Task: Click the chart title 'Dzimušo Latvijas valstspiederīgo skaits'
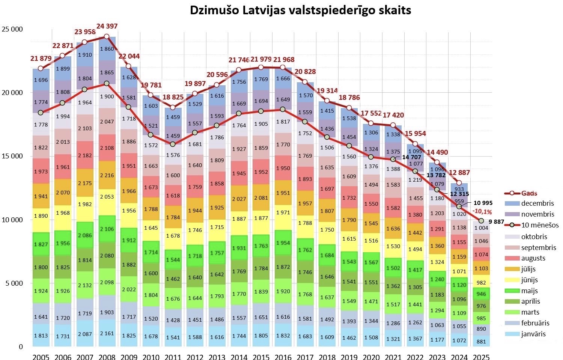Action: click(300, 11)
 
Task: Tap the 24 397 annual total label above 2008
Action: click(107, 26)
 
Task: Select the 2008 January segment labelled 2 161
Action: click(107, 333)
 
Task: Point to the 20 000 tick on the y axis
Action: click(12, 92)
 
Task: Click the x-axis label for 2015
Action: click(261, 357)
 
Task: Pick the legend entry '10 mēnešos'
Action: click(531, 225)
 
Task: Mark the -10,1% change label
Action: click(482, 212)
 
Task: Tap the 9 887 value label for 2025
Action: click(496, 222)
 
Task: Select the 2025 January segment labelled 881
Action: click(481, 341)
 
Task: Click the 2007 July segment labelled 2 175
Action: click(85, 183)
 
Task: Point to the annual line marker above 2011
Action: click(173, 107)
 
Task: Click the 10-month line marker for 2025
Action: click(481, 221)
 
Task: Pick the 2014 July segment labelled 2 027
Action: click(239, 199)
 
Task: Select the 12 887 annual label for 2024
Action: click(459, 172)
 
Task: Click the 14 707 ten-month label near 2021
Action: click(411, 157)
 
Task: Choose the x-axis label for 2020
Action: click(371, 357)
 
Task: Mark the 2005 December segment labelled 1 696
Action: click(41, 80)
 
